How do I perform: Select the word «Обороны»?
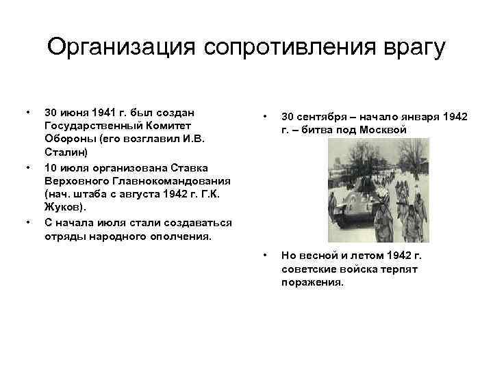[x=67, y=141]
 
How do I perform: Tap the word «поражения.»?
[x=312, y=282]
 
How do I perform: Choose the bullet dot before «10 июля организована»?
[x=27, y=168]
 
